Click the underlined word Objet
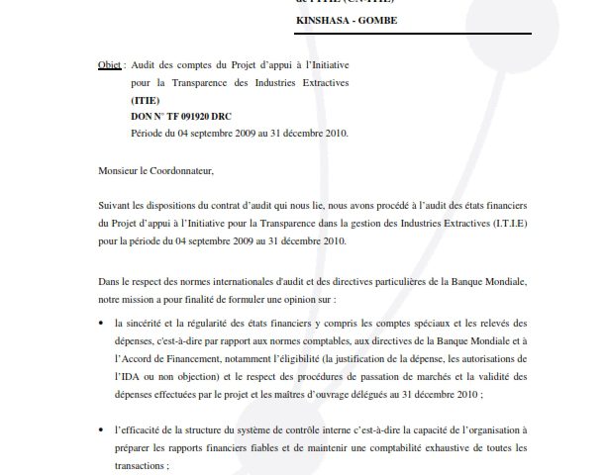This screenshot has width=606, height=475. pos(110,64)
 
